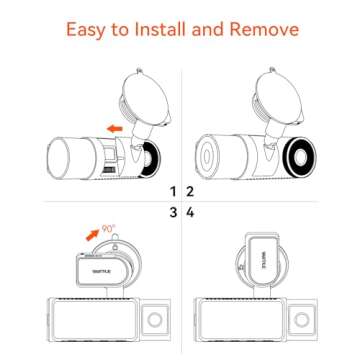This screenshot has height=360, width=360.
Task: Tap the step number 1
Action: tap(173, 191)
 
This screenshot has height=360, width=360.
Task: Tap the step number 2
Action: tap(188, 191)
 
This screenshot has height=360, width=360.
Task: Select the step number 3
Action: tap(173, 213)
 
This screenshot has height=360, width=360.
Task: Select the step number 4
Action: tap(188, 213)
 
